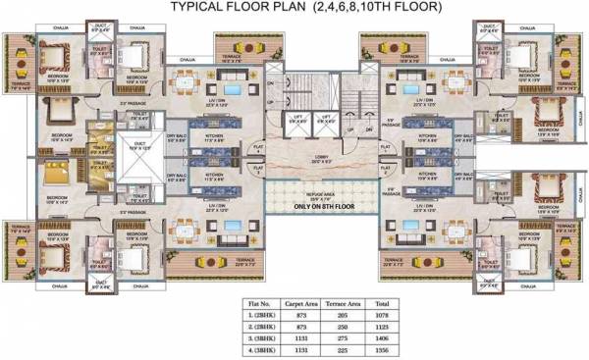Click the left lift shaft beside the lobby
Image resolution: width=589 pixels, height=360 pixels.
tap(297, 121)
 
